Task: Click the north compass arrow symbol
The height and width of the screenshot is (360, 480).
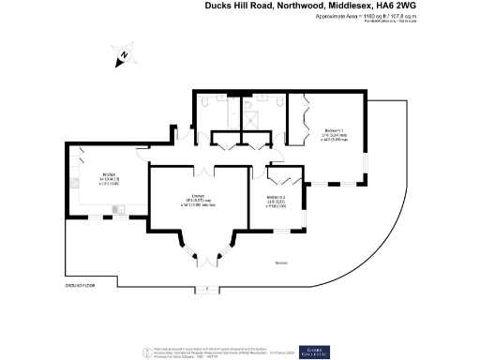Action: [x=123, y=56]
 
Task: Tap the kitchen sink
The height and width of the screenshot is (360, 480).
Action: [x=72, y=183]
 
